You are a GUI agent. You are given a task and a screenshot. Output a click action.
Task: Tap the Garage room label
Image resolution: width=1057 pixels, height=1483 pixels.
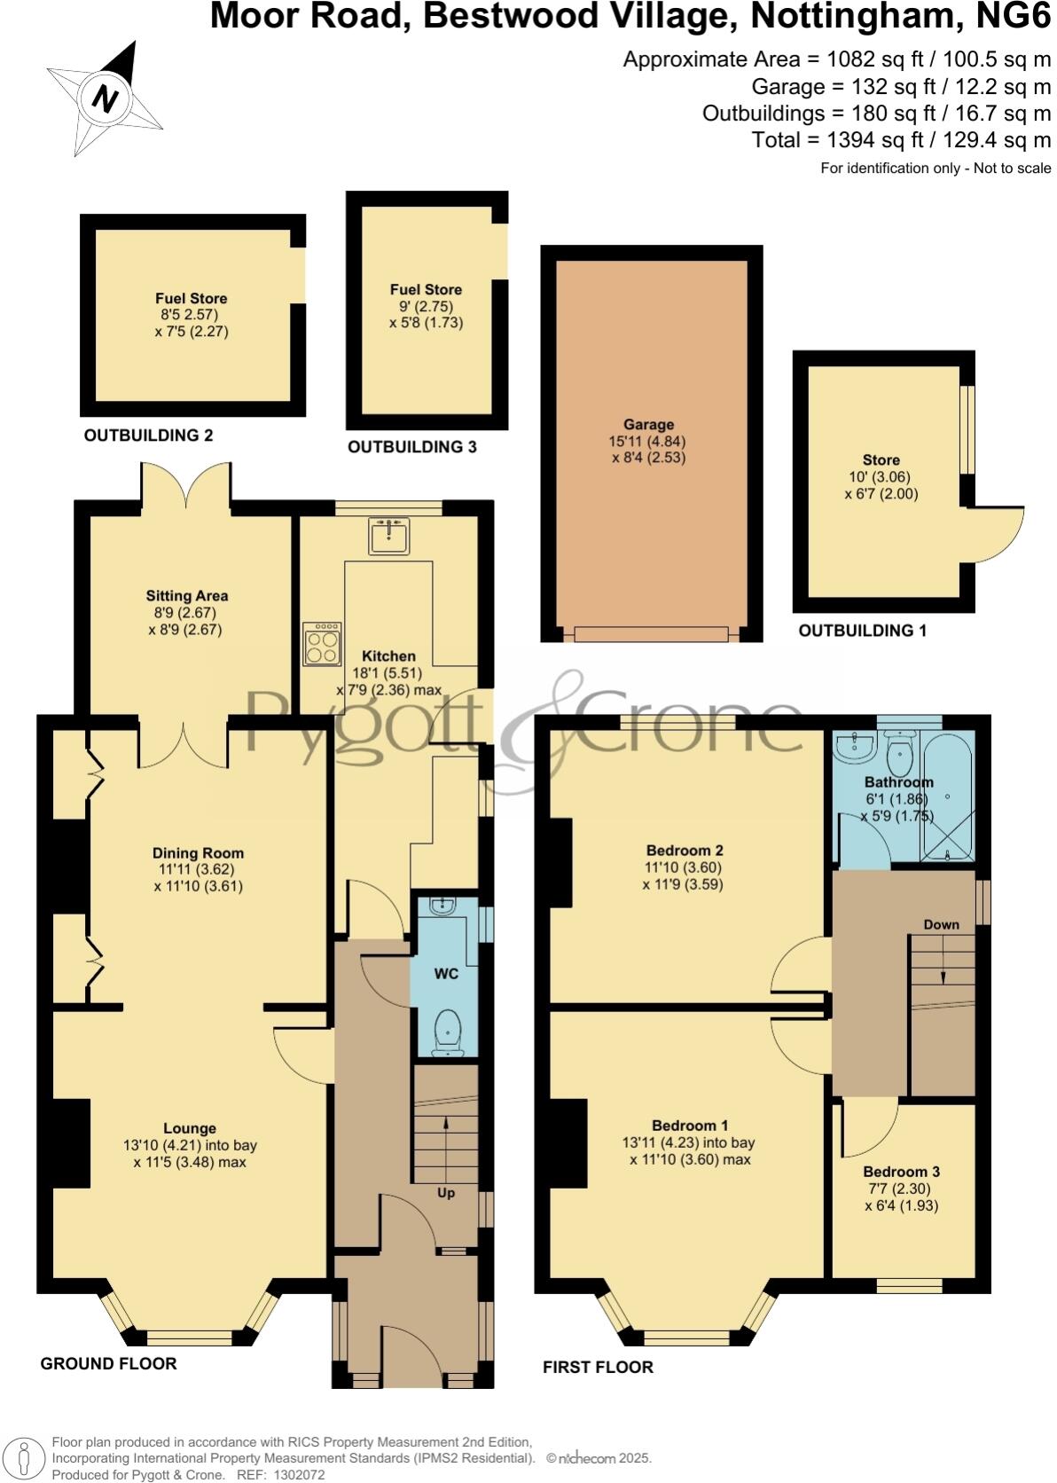[x=648, y=425]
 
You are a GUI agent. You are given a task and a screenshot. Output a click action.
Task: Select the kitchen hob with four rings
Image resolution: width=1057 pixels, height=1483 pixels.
[x=322, y=643]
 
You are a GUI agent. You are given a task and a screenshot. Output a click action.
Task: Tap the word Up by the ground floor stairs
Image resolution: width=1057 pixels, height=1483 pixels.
[x=446, y=1193]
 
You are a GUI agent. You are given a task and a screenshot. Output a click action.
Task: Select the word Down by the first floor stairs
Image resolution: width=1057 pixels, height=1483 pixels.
[x=941, y=924]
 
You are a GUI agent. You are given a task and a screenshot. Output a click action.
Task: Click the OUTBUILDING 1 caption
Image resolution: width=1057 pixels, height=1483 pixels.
[x=862, y=631]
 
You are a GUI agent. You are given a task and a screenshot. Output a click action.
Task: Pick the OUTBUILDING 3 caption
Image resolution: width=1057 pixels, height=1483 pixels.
[x=412, y=447]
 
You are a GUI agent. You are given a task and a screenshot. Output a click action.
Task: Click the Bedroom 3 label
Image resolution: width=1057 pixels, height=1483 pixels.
[x=901, y=1172]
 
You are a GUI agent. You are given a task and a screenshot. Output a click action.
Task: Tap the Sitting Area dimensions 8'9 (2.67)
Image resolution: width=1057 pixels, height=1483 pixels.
[x=185, y=613]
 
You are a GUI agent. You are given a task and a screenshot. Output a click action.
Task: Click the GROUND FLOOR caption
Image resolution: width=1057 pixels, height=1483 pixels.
[x=108, y=1364]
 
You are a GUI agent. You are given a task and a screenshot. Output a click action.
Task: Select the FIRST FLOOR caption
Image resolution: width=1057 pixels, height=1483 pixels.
[x=598, y=1368]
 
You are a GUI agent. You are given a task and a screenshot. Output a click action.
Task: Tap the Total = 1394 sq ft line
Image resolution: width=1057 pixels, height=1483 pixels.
[x=901, y=139]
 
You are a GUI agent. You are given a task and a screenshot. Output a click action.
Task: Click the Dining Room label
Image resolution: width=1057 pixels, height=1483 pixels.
[x=198, y=853]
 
